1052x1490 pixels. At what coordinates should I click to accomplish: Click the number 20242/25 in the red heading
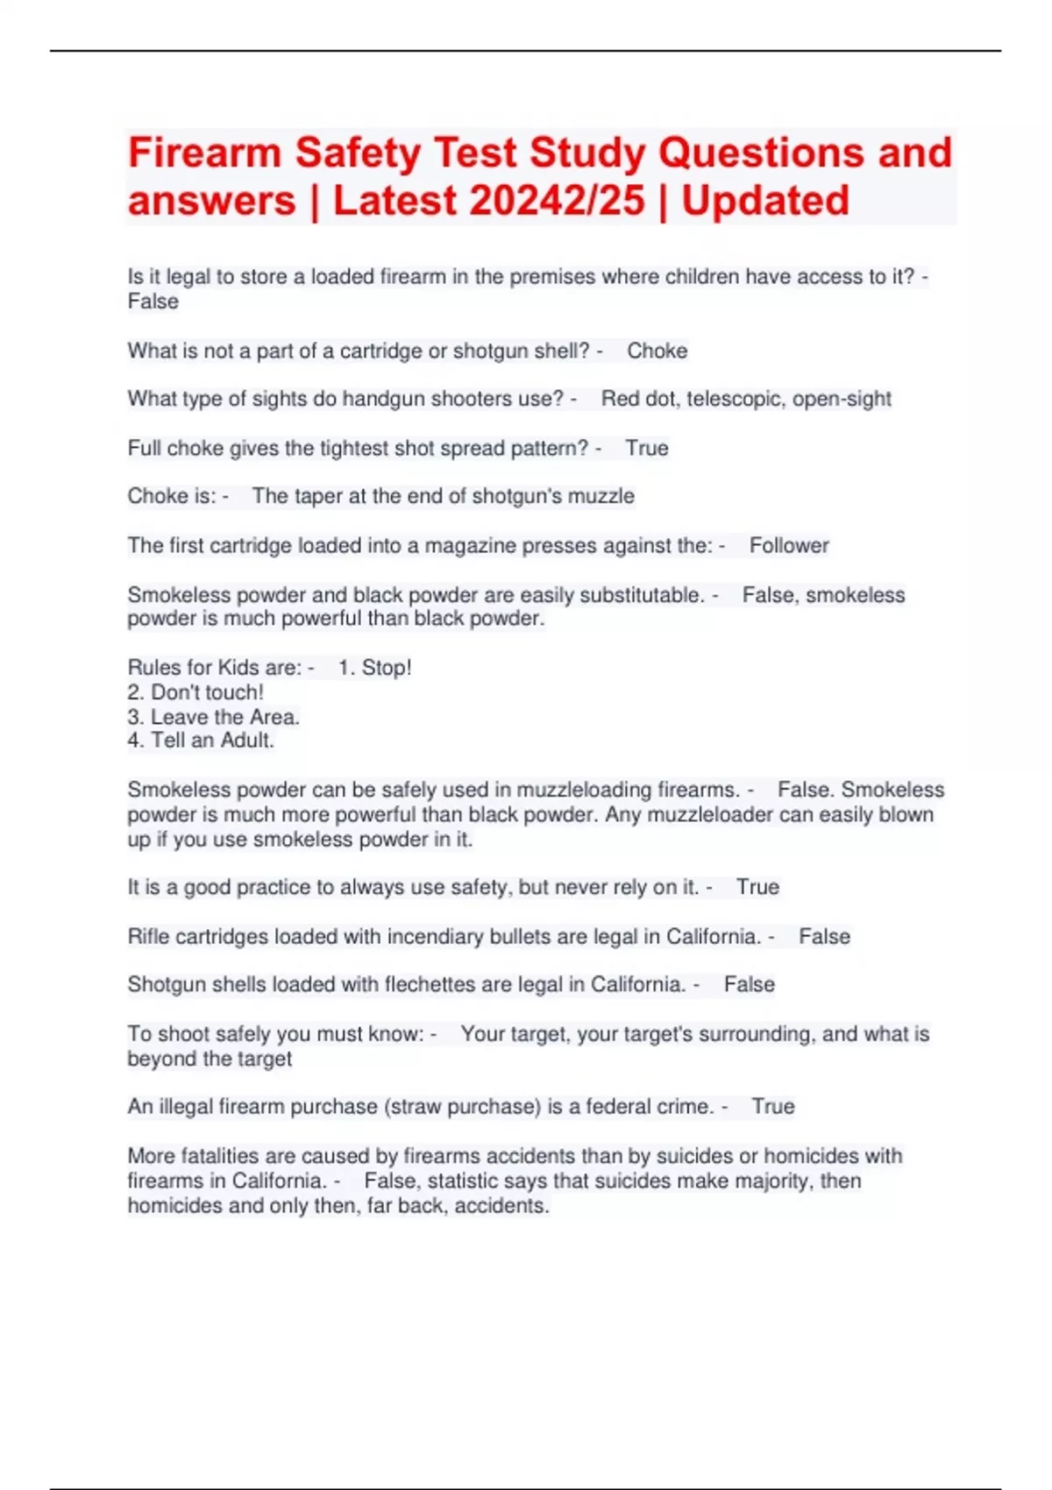click(557, 201)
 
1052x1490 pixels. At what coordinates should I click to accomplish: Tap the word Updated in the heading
click(765, 201)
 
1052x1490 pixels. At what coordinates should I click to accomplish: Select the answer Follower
click(789, 546)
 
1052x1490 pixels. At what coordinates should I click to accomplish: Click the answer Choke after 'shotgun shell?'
click(657, 351)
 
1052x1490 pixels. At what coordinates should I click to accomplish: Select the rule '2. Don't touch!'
click(195, 692)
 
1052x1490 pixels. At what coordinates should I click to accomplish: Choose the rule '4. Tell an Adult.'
click(201, 741)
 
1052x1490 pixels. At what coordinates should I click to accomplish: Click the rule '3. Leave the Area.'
click(214, 717)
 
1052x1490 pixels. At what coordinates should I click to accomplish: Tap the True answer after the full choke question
click(647, 449)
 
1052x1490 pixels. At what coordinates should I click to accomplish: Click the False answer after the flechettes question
click(749, 985)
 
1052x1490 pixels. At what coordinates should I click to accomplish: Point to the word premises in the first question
click(552, 277)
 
